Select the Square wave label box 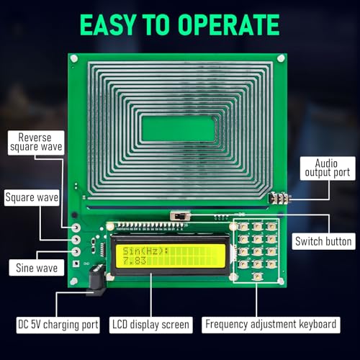[x=32, y=197]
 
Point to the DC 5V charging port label [x=58, y=325]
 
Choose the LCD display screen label [x=151, y=325]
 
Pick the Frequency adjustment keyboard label [x=270, y=325]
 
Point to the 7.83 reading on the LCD [x=135, y=264]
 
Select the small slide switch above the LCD [x=179, y=215]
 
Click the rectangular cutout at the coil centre [x=178, y=129]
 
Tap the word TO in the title [x=165, y=24]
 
